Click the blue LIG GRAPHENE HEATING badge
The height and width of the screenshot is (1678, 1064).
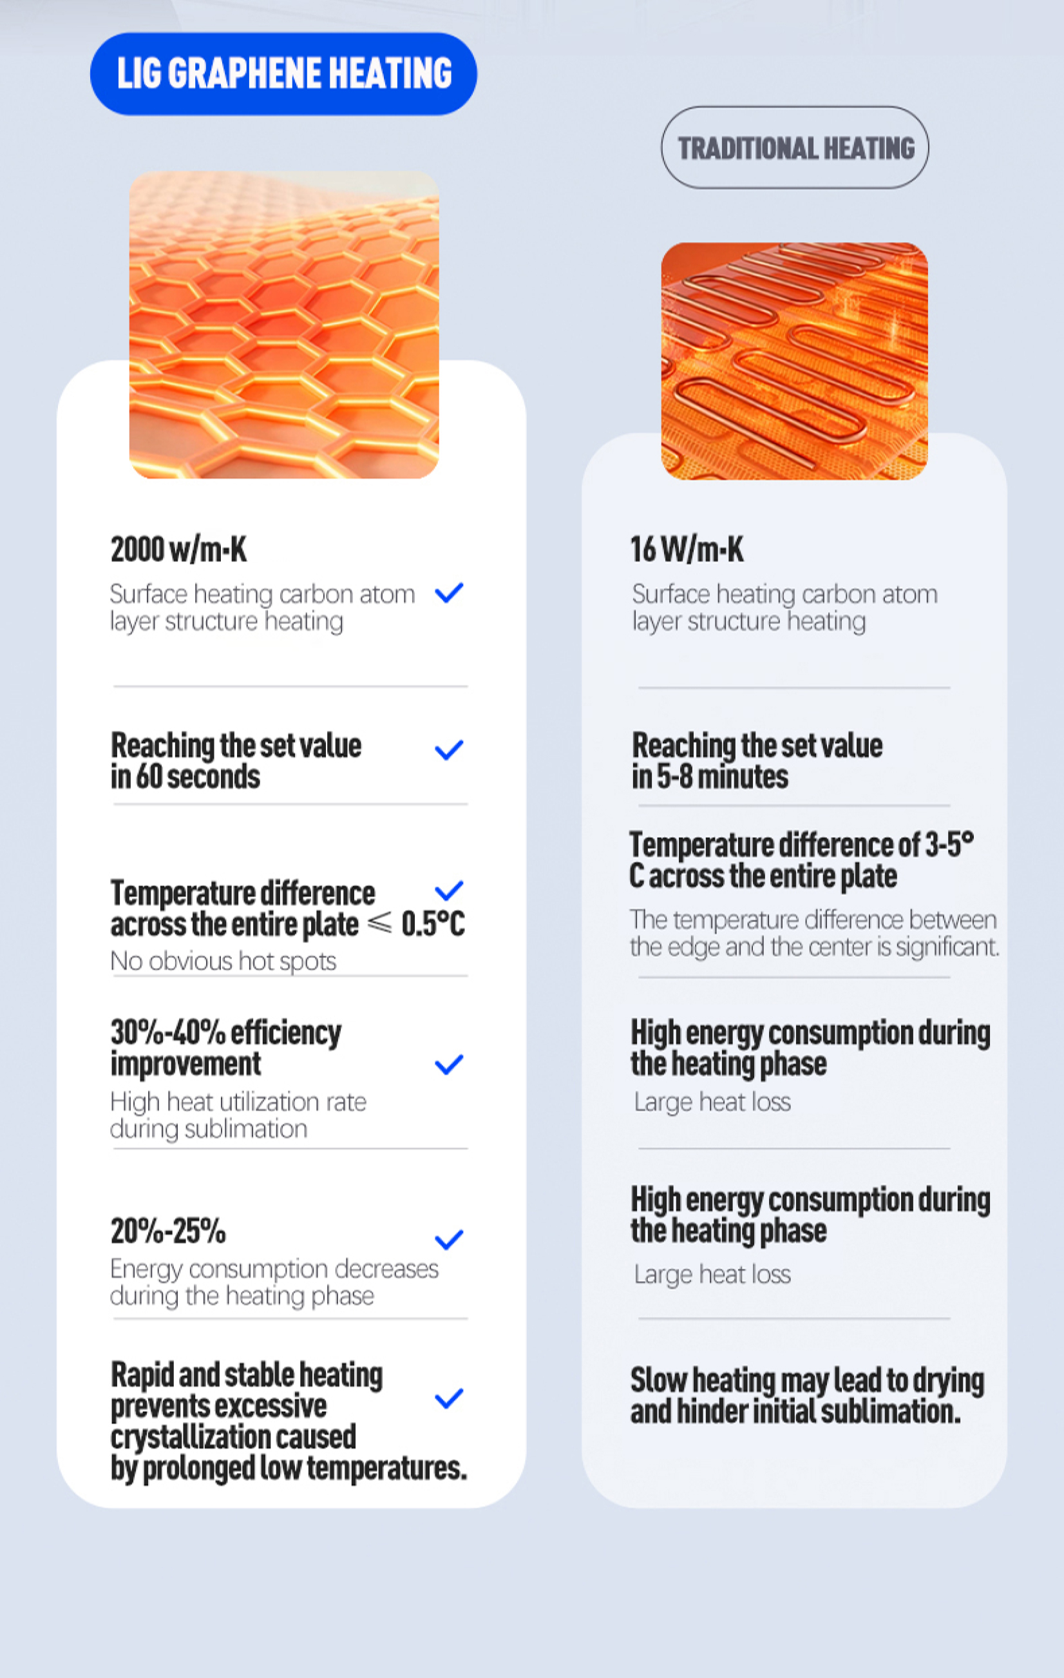(x=283, y=74)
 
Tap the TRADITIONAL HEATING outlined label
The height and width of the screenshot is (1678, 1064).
(x=795, y=148)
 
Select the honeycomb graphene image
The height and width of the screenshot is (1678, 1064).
(x=284, y=325)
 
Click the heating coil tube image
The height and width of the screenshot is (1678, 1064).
(x=794, y=361)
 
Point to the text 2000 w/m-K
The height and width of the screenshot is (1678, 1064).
(x=179, y=549)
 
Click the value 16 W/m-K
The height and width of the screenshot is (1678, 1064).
(x=687, y=549)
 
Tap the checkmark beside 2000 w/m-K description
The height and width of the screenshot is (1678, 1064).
(x=449, y=593)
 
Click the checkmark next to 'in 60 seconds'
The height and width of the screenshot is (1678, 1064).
(x=449, y=751)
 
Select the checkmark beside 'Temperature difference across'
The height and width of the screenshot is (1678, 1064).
(x=449, y=891)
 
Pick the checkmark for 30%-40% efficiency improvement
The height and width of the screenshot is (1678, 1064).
(x=449, y=1064)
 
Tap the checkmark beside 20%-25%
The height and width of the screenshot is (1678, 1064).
(x=449, y=1240)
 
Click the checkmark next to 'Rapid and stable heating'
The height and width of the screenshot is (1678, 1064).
(x=449, y=1398)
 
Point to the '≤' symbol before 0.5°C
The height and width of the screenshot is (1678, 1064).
(x=379, y=923)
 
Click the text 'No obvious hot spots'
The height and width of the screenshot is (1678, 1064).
(x=223, y=961)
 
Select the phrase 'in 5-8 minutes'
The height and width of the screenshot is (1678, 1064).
(x=710, y=776)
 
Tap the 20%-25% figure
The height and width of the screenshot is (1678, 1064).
(x=169, y=1231)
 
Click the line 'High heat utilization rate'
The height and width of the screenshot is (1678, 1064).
(x=238, y=1102)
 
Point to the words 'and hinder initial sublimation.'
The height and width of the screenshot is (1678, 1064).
(x=795, y=1411)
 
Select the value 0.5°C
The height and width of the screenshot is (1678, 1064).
(x=432, y=923)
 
